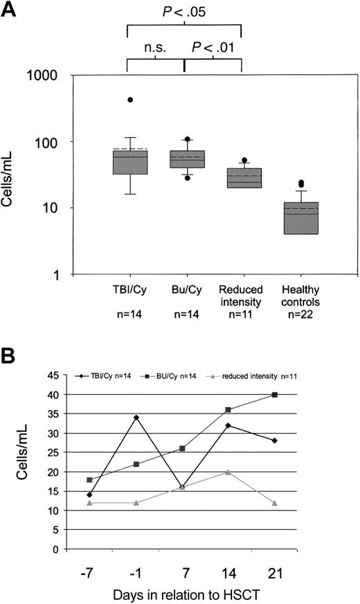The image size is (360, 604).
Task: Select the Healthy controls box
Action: (297, 218)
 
